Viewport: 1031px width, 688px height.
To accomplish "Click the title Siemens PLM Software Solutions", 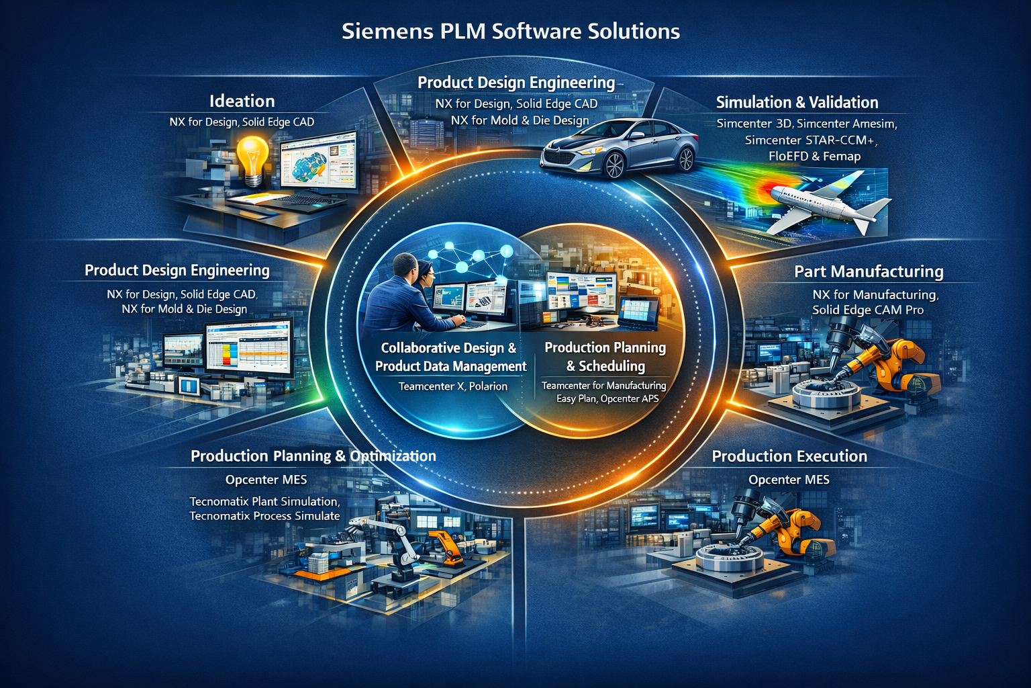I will tap(511, 32).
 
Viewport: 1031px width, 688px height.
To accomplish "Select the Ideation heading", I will tap(242, 101).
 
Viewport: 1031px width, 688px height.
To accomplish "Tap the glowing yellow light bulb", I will tap(254, 158).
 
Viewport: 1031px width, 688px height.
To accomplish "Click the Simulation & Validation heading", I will tap(797, 103).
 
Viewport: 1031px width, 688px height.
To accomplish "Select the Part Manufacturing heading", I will tap(869, 271).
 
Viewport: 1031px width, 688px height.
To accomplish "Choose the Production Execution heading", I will tap(789, 457).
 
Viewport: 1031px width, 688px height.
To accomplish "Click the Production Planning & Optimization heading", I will tap(313, 456).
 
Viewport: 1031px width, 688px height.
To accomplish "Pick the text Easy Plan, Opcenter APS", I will tap(607, 398).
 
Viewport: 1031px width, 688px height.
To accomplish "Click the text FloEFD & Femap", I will tap(814, 157).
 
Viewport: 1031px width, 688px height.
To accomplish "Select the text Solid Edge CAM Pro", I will tap(868, 310).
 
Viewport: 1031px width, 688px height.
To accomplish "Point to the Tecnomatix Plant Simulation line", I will tap(264, 501).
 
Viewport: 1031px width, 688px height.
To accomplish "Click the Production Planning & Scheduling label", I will tap(605, 357).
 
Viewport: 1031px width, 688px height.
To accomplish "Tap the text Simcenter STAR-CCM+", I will tap(811, 140).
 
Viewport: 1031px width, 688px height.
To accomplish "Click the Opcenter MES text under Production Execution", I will tap(789, 480).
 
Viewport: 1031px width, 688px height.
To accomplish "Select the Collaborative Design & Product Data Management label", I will tap(450, 357).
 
